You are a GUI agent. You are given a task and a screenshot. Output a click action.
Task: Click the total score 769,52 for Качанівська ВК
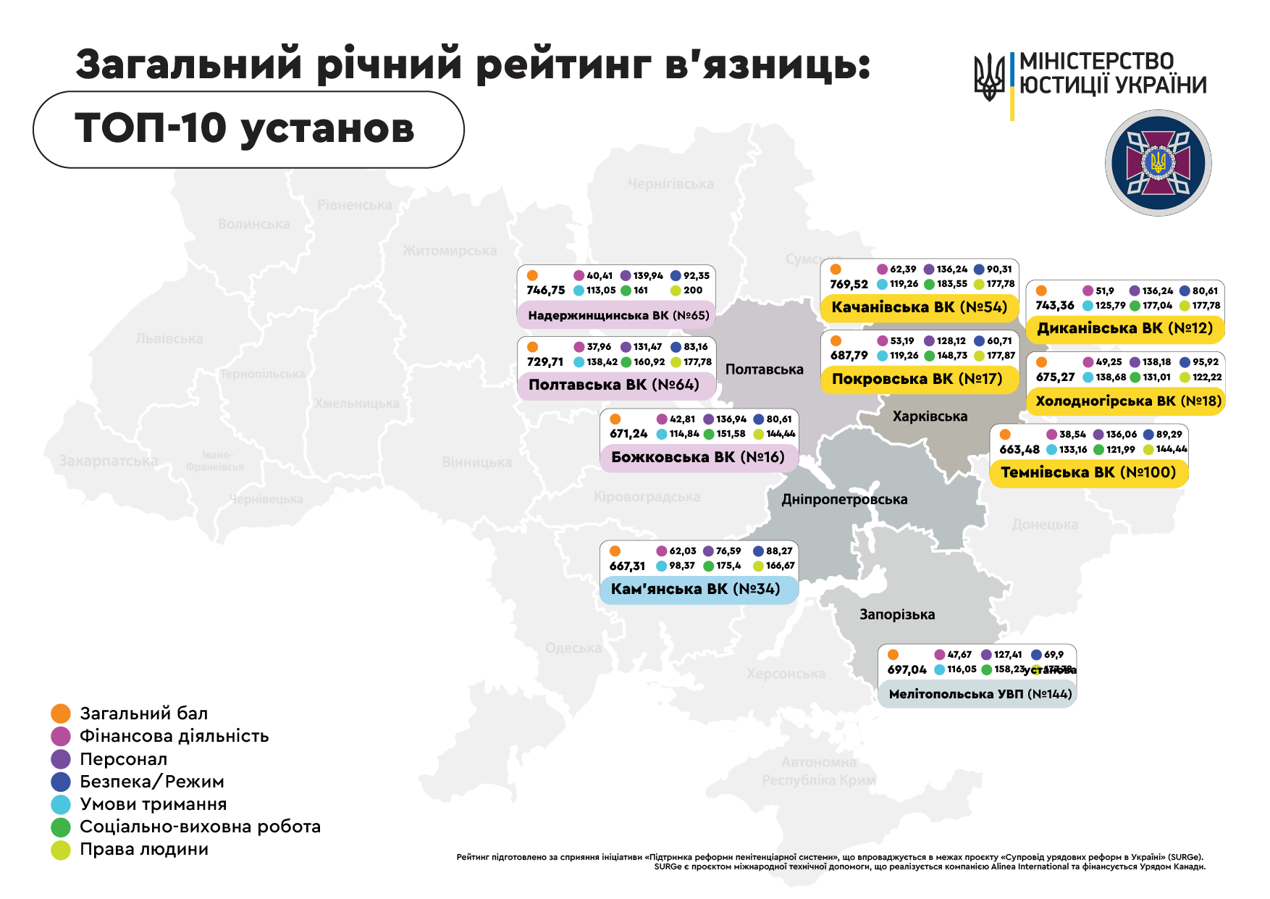click(849, 285)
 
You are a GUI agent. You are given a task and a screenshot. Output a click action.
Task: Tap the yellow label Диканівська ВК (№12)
click(1124, 328)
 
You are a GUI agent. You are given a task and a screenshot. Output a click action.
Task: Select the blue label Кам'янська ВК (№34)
click(696, 589)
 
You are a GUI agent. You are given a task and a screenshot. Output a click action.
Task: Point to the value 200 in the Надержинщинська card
click(693, 290)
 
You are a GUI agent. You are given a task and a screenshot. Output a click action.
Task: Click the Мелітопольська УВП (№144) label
click(980, 694)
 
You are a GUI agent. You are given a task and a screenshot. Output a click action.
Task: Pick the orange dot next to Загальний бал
click(61, 714)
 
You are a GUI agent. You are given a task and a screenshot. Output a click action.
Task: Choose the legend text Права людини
click(144, 849)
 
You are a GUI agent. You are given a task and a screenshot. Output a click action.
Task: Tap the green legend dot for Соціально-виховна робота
click(61, 827)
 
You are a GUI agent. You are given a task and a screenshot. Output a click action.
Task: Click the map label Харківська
click(930, 417)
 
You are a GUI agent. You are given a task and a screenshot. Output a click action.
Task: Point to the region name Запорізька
click(897, 614)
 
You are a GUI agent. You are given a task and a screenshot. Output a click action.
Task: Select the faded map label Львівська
click(169, 338)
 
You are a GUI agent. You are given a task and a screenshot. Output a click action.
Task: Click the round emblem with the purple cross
click(1158, 163)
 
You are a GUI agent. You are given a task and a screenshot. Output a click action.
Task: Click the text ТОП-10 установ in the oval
click(245, 128)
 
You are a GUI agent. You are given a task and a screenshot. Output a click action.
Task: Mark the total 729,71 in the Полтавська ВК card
click(545, 362)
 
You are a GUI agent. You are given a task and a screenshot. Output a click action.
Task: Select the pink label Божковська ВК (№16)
click(698, 457)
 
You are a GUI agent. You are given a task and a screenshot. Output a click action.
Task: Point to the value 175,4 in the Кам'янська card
click(728, 566)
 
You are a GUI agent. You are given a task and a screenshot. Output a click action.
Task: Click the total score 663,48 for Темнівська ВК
click(1019, 450)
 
